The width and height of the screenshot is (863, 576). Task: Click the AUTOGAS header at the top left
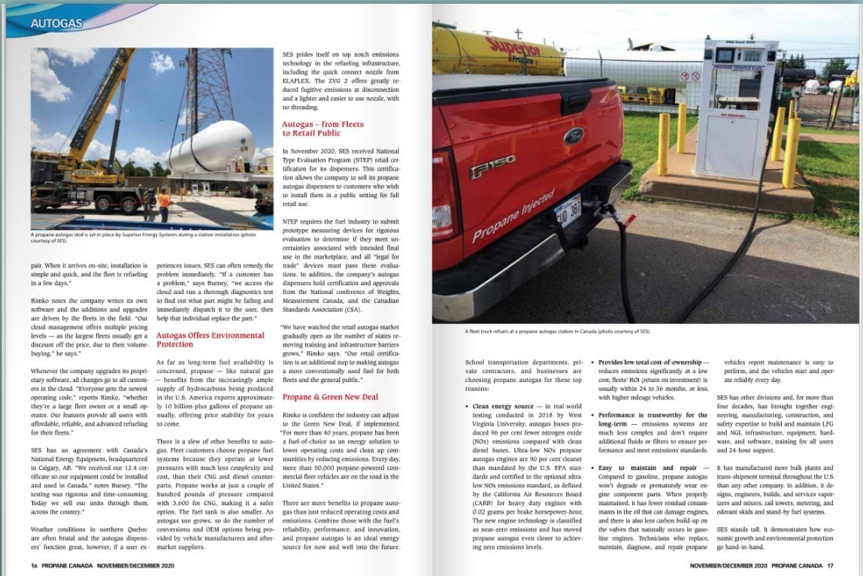point(56,23)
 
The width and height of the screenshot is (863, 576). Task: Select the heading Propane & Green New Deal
point(330,396)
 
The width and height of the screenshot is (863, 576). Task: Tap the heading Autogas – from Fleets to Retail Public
point(322,128)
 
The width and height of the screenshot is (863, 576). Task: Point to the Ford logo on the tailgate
point(574,136)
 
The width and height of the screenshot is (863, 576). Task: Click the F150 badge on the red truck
point(492,165)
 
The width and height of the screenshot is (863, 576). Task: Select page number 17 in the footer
point(830,565)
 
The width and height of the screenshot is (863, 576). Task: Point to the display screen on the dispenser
point(724,56)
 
